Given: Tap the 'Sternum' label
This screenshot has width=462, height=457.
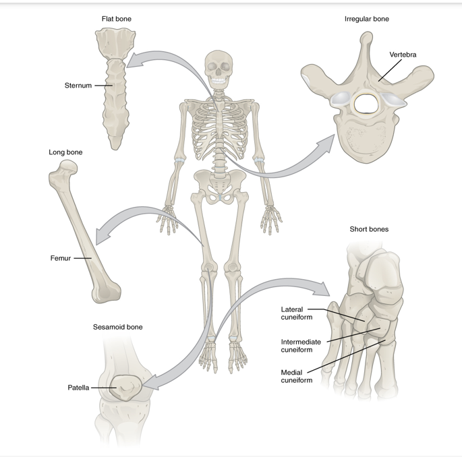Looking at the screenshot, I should (78, 86).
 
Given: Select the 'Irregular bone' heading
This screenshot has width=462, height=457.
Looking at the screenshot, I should (366, 19).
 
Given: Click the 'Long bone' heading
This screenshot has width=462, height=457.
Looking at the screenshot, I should (65, 152).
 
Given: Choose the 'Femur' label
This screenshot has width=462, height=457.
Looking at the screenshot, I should (61, 258).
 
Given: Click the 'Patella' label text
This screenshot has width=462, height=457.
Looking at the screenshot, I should (78, 388).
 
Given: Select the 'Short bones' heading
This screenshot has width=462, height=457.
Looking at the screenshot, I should (369, 229).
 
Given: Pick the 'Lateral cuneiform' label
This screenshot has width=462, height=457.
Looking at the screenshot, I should (292, 313).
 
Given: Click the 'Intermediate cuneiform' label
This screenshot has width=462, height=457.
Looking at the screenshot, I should (301, 346).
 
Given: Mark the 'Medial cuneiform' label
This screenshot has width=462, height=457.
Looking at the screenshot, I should (297, 376).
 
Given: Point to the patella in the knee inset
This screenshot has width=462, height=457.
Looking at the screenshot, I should (124, 389).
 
